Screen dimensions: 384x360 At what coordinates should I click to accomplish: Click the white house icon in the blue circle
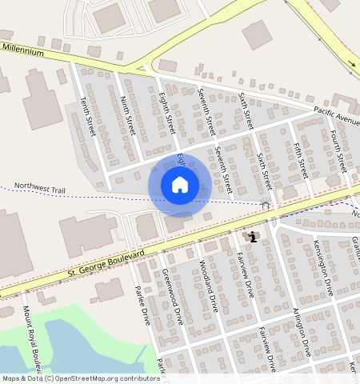tap(180, 185)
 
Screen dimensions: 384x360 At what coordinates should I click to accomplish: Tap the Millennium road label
tap(22, 50)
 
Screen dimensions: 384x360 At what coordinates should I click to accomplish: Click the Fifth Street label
tap(301, 160)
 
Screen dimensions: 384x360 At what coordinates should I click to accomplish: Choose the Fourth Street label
tap(338, 148)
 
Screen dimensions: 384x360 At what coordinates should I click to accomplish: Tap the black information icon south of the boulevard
tap(253, 237)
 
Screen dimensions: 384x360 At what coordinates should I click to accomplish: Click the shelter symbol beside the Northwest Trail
tap(266, 205)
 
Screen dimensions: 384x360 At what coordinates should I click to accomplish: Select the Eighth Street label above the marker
tap(166, 113)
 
